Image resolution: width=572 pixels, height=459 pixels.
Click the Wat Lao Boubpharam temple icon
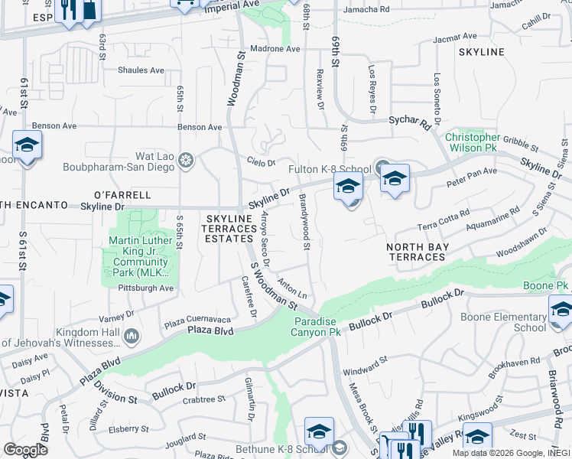(186, 161)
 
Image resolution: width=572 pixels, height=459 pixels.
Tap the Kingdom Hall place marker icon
(134, 335)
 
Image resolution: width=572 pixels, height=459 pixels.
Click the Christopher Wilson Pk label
(473, 142)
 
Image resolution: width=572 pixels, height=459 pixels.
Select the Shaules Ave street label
(141, 70)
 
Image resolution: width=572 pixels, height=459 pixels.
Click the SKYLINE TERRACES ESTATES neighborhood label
(229, 229)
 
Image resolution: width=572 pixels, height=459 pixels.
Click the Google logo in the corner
(25, 450)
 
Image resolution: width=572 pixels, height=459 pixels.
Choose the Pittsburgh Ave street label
(146, 288)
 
